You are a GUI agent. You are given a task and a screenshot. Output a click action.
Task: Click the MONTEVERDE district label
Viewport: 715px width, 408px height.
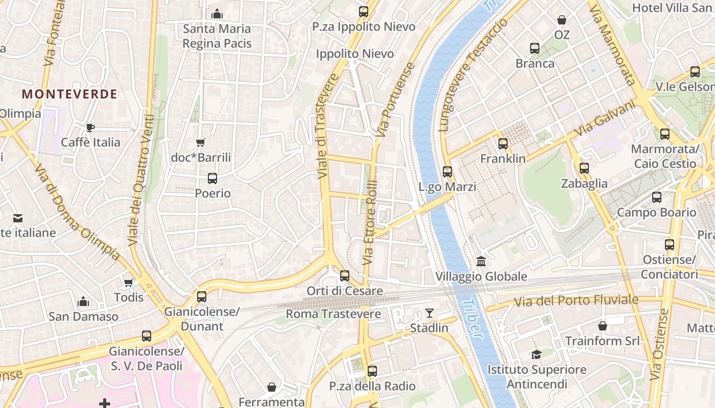point(70,94)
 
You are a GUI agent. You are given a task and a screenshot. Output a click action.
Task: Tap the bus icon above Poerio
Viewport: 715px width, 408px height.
point(212,178)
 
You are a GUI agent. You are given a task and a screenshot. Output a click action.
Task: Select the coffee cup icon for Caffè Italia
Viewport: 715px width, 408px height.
point(90,127)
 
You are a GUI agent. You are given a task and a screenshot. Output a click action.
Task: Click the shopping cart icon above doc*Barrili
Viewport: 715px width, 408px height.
point(201,142)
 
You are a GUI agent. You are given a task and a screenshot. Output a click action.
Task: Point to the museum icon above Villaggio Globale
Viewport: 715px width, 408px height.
point(481,262)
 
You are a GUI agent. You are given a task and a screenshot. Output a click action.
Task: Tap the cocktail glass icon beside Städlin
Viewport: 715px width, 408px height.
point(429,313)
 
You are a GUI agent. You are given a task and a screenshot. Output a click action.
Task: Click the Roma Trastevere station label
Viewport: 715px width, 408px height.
point(333,314)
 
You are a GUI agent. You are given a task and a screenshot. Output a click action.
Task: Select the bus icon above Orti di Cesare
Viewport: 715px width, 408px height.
point(345,276)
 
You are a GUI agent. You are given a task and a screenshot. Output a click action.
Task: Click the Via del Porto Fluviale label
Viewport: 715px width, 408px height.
point(576,300)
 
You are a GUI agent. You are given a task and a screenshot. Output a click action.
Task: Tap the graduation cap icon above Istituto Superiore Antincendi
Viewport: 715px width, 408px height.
point(536,354)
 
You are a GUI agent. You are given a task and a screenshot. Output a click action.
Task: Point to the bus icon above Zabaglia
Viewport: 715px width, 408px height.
point(584,168)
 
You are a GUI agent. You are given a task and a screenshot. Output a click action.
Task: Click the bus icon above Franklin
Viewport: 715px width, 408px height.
point(503,144)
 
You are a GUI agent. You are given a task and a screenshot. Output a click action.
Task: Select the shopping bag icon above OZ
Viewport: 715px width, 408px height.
point(562,20)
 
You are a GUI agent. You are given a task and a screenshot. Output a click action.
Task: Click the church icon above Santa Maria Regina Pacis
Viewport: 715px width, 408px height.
point(217,14)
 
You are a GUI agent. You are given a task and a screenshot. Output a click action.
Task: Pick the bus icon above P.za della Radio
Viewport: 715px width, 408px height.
point(372,371)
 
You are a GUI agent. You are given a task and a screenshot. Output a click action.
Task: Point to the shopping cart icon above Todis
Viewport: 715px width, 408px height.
point(129,282)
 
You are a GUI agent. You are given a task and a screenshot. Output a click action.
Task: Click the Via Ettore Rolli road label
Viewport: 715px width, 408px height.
point(370,222)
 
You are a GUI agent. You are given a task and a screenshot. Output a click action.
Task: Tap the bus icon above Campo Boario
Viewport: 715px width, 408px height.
point(657,197)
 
